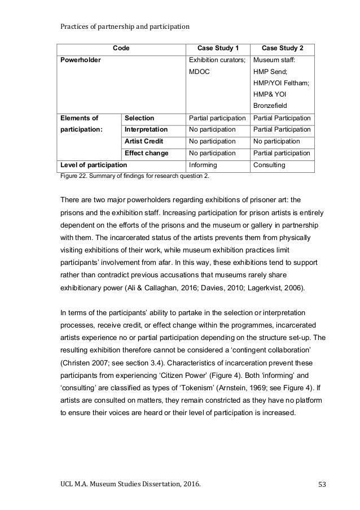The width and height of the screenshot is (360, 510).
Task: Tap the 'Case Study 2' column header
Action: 282,49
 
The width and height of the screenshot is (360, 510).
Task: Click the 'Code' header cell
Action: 121,49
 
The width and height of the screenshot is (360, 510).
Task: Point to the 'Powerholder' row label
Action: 80,60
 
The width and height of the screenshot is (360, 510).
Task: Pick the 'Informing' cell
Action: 202,165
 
